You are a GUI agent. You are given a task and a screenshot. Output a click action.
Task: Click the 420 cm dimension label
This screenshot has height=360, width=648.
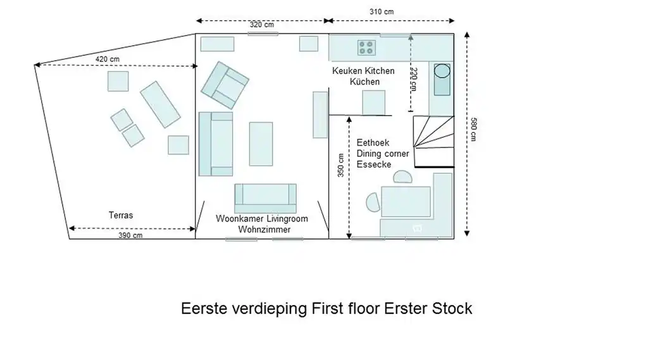(x=107, y=59)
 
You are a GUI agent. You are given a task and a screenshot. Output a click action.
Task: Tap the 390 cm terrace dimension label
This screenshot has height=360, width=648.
(x=130, y=235)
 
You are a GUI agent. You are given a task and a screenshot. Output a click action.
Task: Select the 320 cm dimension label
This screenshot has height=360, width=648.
(x=262, y=25)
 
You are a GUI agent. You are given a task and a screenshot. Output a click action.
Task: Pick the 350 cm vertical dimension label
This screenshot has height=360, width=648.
(x=341, y=166)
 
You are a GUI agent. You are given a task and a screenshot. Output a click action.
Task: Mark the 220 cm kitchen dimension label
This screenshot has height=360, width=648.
(x=413, y=80)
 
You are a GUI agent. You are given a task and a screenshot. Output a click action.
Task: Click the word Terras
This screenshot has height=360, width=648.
(x=121, y=215)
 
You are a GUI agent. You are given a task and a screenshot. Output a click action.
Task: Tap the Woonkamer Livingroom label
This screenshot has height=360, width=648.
(x=261, y=219)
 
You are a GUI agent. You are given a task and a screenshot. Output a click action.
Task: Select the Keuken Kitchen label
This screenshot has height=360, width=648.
(x=363, y=71)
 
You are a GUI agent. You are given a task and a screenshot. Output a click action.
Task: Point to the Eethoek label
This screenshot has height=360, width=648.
(x=373, y=143)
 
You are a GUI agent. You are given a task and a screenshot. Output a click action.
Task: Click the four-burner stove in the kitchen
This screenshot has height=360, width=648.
(x=366, y=47)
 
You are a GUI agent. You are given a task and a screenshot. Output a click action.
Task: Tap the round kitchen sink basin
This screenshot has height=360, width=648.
(x=442, y=70)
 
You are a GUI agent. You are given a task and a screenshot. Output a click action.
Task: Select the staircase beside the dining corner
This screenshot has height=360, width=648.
(x=433, y=139)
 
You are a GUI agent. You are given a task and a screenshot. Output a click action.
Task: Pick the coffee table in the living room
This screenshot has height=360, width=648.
(x=261, y=144)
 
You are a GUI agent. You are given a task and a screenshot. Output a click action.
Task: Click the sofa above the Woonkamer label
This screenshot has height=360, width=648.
(x=265, y=198)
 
